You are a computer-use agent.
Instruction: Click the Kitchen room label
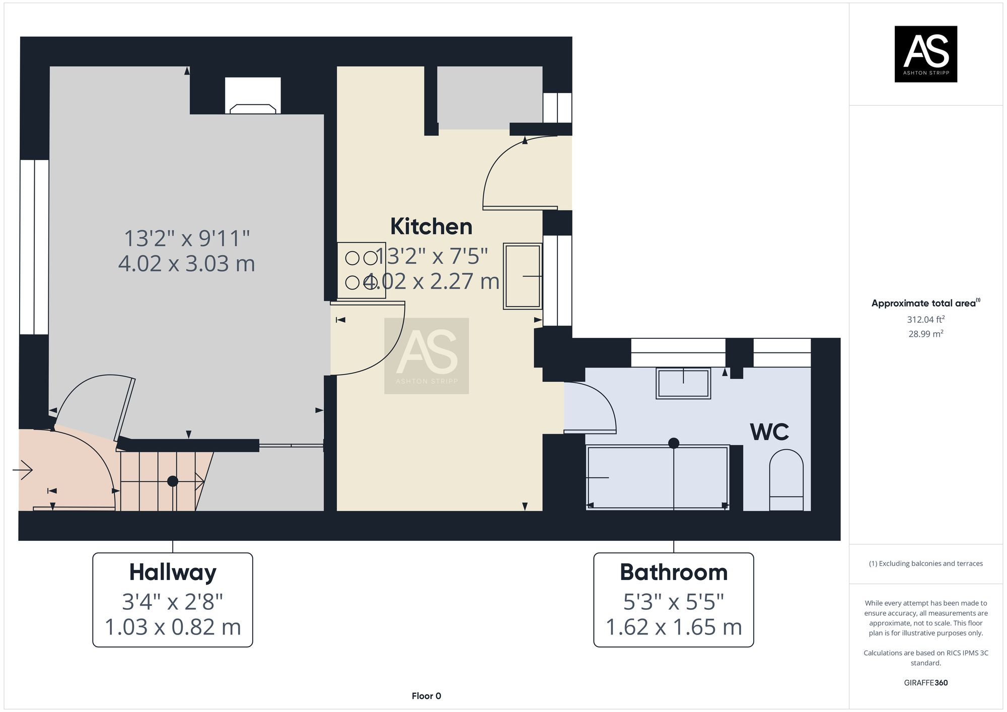431,227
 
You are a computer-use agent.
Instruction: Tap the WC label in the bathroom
769,432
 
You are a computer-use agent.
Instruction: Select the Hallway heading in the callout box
173,573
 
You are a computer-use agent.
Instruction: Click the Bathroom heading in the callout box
674,573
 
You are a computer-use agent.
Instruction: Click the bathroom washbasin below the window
683,384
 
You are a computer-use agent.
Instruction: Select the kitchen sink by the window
523,276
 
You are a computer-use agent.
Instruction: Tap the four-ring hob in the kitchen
362,270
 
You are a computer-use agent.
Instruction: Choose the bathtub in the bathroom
657,477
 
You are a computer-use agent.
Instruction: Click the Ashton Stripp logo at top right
925,54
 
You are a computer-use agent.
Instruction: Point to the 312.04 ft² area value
925,319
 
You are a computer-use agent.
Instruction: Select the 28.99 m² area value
925,334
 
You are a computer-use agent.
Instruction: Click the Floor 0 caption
426,696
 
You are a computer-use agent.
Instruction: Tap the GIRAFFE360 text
925,683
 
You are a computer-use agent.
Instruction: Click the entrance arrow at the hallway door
23,470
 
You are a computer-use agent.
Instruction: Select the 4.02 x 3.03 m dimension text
186,264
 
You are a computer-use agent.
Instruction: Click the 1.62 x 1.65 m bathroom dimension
674,627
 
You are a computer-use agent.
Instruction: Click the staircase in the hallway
161,481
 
